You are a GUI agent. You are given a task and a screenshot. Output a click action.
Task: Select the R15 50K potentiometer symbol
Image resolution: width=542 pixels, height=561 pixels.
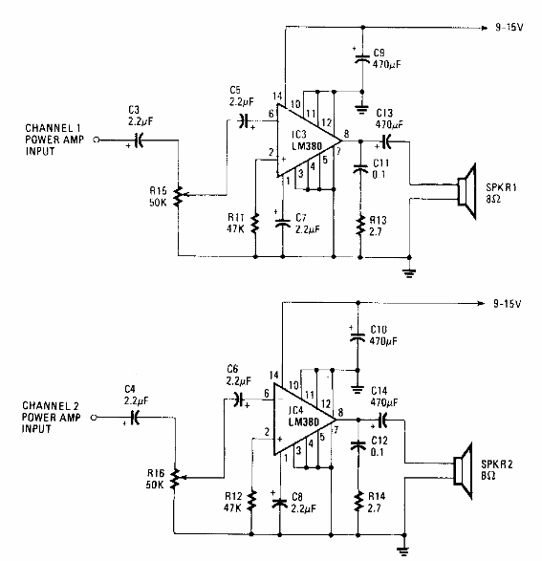click(178, 198)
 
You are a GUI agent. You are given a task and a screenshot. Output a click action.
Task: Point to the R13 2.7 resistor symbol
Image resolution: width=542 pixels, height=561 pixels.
click(360, 225)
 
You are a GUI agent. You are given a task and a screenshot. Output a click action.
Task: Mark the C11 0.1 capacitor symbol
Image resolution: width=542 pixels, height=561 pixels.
click(360, 169)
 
